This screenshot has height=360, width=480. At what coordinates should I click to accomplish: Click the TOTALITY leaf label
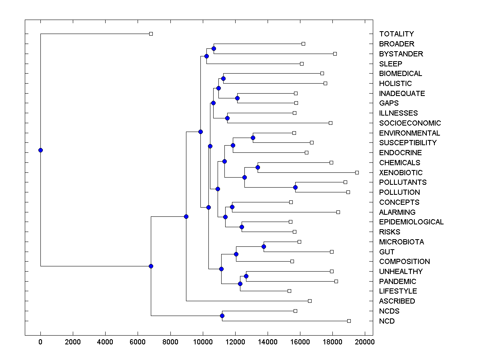point(396,34)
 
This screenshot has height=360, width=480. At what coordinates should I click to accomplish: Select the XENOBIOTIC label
point(401,173)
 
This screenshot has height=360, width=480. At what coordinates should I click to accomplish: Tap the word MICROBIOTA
point(402,242)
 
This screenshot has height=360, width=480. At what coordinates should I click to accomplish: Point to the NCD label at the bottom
point(387,321)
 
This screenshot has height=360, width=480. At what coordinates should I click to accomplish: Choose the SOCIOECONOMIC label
point(410,123)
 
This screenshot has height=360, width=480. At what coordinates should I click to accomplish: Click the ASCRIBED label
point(397,301)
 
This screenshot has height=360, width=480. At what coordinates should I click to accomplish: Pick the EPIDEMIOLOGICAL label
point(411,222)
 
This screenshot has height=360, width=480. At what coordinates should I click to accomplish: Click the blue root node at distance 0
point(40,150)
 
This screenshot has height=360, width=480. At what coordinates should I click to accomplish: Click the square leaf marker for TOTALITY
point(151,34)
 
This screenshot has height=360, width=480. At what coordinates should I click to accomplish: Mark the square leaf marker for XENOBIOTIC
point(357,172)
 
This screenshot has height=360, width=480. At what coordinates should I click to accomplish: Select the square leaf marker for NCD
point(349,321)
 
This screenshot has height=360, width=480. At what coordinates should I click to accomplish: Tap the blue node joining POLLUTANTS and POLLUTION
point(295,187)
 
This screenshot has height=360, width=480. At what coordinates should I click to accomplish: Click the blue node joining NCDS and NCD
point(222,316)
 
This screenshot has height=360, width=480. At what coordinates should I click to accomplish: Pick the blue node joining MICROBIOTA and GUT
point(264,246)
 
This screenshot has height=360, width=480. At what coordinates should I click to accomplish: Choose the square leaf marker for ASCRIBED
point(310,301)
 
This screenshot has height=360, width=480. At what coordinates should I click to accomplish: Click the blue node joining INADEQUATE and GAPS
point(237,98)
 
